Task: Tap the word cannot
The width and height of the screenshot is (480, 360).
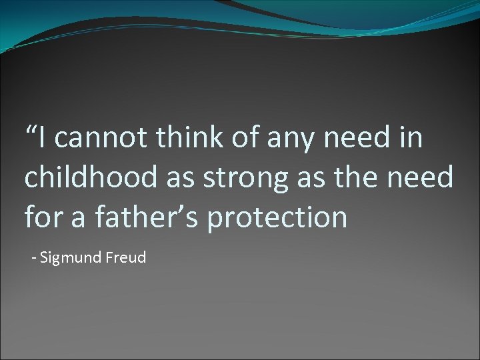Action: tap(101, 139)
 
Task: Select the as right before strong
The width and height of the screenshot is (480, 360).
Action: tap(181, 180)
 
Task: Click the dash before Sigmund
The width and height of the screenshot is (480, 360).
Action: tap(35, 258)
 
